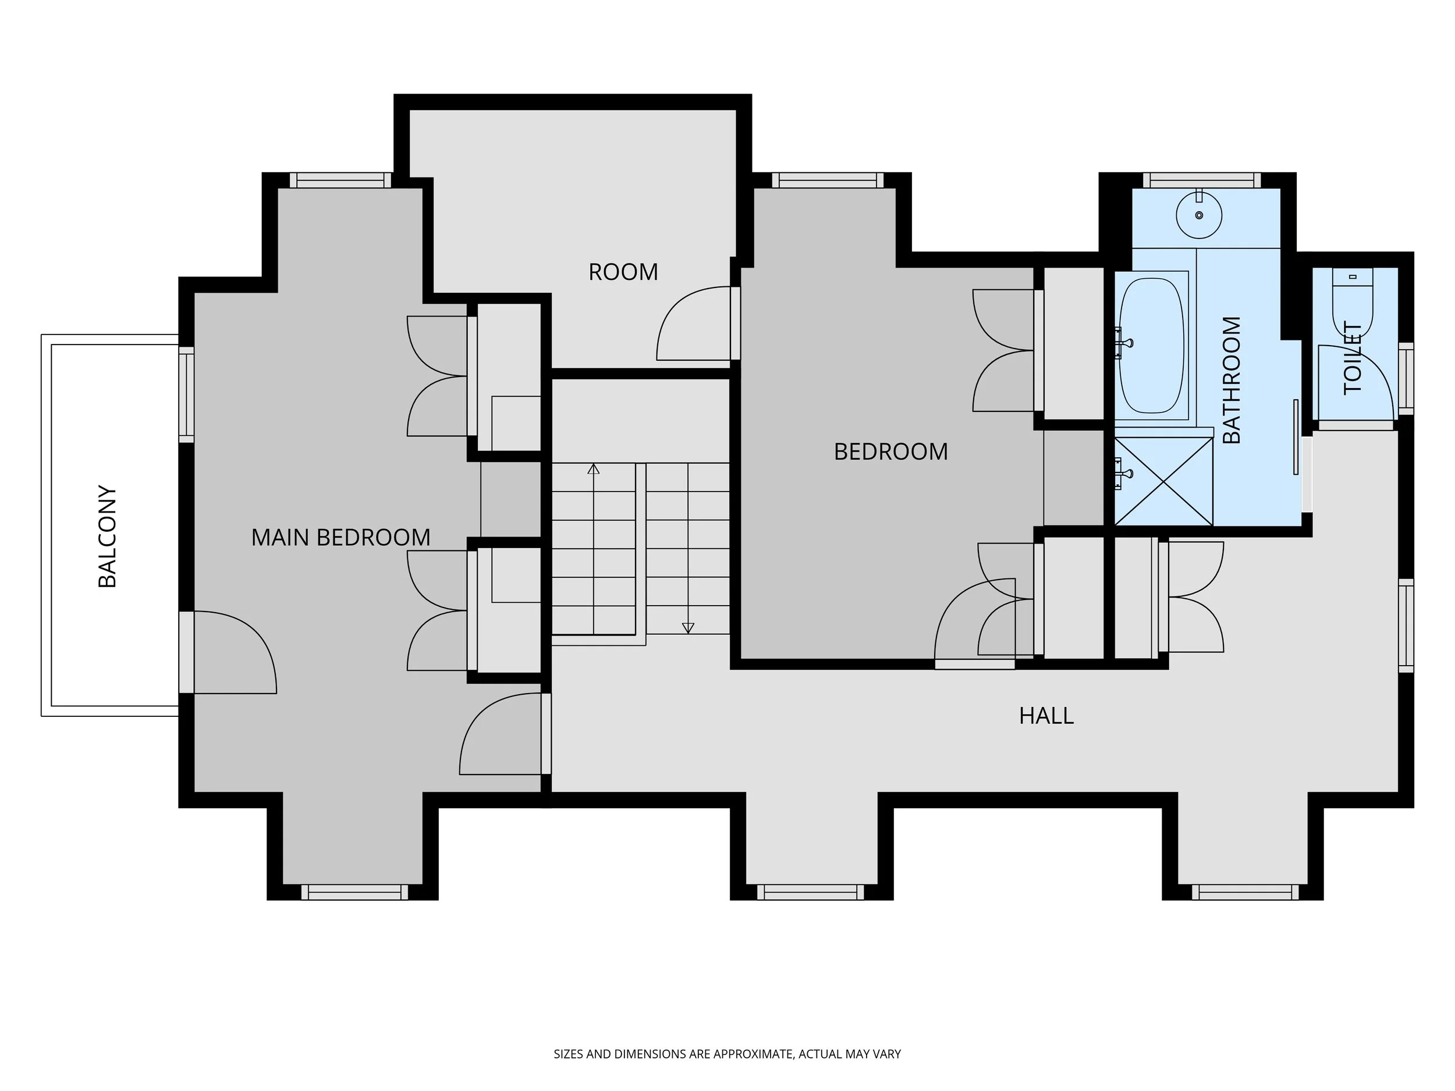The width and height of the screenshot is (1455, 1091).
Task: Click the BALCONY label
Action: pyautogui.click(x=107, y=536)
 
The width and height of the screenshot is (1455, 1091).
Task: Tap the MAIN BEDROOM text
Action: pyautogui.click(x=340, y=537)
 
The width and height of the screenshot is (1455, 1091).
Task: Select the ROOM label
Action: pyautogui.click(x=623, y=272)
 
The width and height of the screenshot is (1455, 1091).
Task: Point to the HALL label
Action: pyautogui.click(x=1046, y=716)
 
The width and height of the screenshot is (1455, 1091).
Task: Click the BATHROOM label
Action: pyautogui.click(x=1232, y=380)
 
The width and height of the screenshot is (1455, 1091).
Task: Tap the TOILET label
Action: pyautogui.click(x=1353, y=358)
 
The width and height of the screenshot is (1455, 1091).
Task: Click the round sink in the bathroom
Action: pyautogui.click(x=1199, y=214)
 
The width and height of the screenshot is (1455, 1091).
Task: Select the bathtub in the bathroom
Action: pyautogui.click(x=1152, y=345)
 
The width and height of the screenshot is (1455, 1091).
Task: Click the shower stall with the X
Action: pyautogui.click(x=1163, y=481)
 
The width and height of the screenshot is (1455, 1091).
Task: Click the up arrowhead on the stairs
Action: pyautogui.click(x=593, y=469)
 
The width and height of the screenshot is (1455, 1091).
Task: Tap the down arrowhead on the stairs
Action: pyautogui.click(x=688, y=627)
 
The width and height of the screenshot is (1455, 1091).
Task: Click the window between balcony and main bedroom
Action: pyautogui.click(x=187, y=395)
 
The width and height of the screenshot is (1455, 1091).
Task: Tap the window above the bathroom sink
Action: pyautogui.click(x=1202, y=180)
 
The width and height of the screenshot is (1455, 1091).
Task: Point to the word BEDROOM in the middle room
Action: pyautogui.click(x=890, y=452)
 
